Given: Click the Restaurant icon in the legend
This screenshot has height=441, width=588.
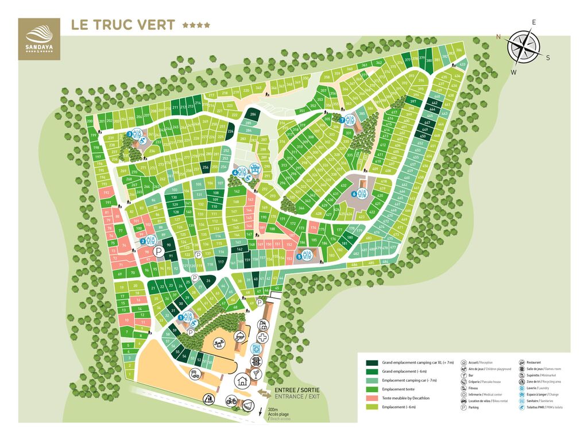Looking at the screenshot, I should coord(521,363).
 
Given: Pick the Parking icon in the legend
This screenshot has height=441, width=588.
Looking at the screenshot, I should coord(463,407).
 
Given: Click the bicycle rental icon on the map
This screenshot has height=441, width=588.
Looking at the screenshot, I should coord(231,401).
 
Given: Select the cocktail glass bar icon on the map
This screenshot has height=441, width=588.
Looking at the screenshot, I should coord(249,405).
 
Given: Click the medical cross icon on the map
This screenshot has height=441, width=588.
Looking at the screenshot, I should coord(262,338).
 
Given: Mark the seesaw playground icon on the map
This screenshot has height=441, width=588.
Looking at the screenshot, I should coord(219,344).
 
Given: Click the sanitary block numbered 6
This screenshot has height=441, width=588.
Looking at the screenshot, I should coord(362,194).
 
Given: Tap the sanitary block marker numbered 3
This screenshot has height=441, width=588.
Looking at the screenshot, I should coord(130,134).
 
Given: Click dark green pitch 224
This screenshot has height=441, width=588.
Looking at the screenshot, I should coord(231,131).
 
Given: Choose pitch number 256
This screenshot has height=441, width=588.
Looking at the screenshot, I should coord(205,168).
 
